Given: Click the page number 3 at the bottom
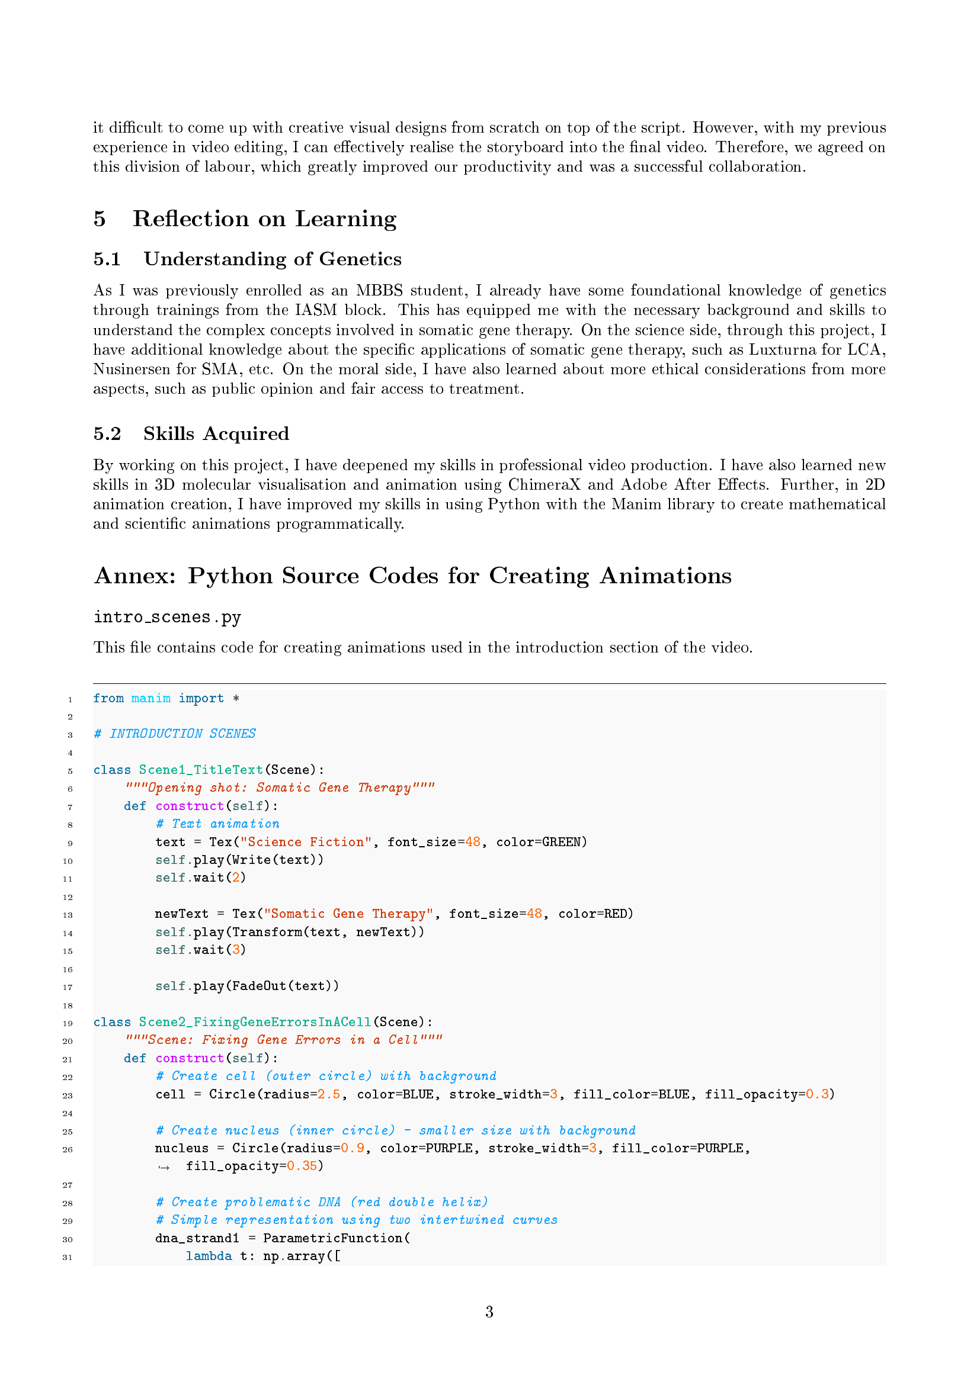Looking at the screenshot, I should (x=489, y=1312).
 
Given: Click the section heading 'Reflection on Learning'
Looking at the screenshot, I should (x=264, y=218).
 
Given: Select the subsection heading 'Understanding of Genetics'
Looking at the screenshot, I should (x=272, y=259).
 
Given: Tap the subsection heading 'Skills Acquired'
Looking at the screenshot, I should (x=216, y=433).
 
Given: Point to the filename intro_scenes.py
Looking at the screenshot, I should (x=167, y=617).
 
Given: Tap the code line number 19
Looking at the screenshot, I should (x=68, y=1024).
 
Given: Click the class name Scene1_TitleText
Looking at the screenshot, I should (x=201, y=770).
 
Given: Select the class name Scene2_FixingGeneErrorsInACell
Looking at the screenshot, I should (x=255, y=1022).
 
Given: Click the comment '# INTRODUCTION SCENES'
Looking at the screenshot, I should (x=175, y=734).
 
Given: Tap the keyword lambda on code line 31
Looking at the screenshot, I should (x=209, y=1256).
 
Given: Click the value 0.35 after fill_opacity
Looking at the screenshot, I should (x=302, y=1166).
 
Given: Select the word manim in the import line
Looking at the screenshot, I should (x=151, y=699).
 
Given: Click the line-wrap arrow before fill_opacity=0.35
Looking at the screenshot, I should (x=164, y=1167).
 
